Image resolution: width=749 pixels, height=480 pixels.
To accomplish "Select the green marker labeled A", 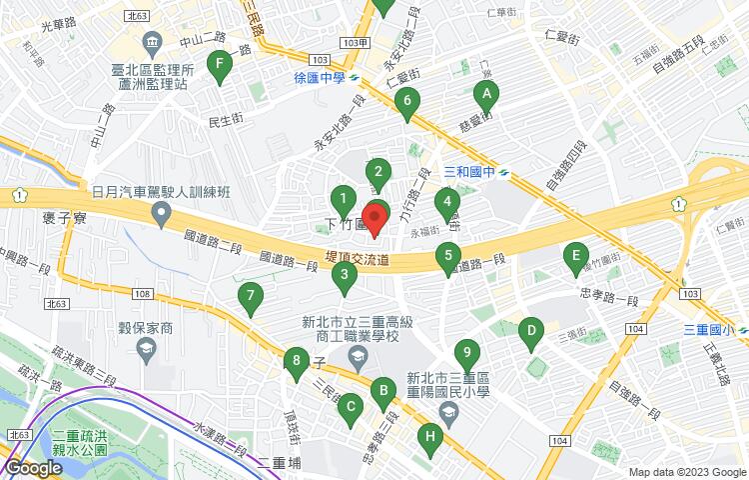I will point(485,96).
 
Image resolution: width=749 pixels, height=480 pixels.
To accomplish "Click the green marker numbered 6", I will point(405,102).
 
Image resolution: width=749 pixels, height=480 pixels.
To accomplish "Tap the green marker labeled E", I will point(574,258).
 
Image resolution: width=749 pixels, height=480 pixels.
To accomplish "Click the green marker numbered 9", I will point(465,354).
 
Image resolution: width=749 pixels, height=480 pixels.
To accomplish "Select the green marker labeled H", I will point(430,437).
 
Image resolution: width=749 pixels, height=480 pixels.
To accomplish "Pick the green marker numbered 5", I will point(448,257).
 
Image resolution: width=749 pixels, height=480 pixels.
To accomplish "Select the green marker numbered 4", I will point(446,203).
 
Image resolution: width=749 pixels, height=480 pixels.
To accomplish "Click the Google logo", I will point(33,467).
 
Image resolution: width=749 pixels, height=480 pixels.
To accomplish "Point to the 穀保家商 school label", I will point(147,328).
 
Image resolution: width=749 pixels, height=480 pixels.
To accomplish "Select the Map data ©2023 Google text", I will point(687,472).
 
